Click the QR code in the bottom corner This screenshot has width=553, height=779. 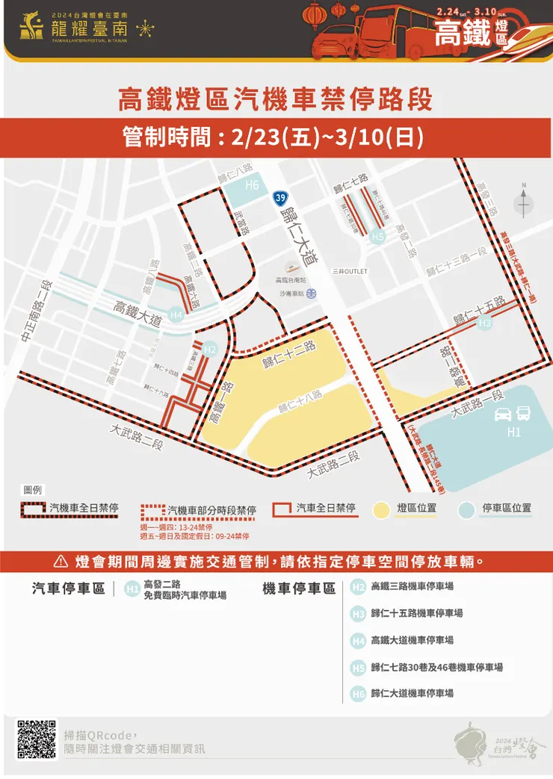(37, 739)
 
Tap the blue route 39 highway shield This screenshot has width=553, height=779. (279, 197)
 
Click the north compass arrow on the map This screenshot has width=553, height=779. (524, 200)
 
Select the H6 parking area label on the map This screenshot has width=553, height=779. (252, 185)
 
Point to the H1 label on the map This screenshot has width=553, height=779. (513, 432)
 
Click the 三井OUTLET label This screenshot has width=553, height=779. (350, 271)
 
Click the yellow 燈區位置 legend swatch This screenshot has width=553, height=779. (381, 509)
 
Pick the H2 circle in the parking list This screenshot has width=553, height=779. (358, 587)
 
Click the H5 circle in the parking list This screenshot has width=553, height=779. (358, 668)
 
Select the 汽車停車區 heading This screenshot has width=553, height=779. (68, 589)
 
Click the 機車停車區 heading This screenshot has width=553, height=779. (298, 589)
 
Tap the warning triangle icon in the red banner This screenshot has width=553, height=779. (61, 561)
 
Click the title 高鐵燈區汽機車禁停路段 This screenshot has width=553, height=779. (276, 99)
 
